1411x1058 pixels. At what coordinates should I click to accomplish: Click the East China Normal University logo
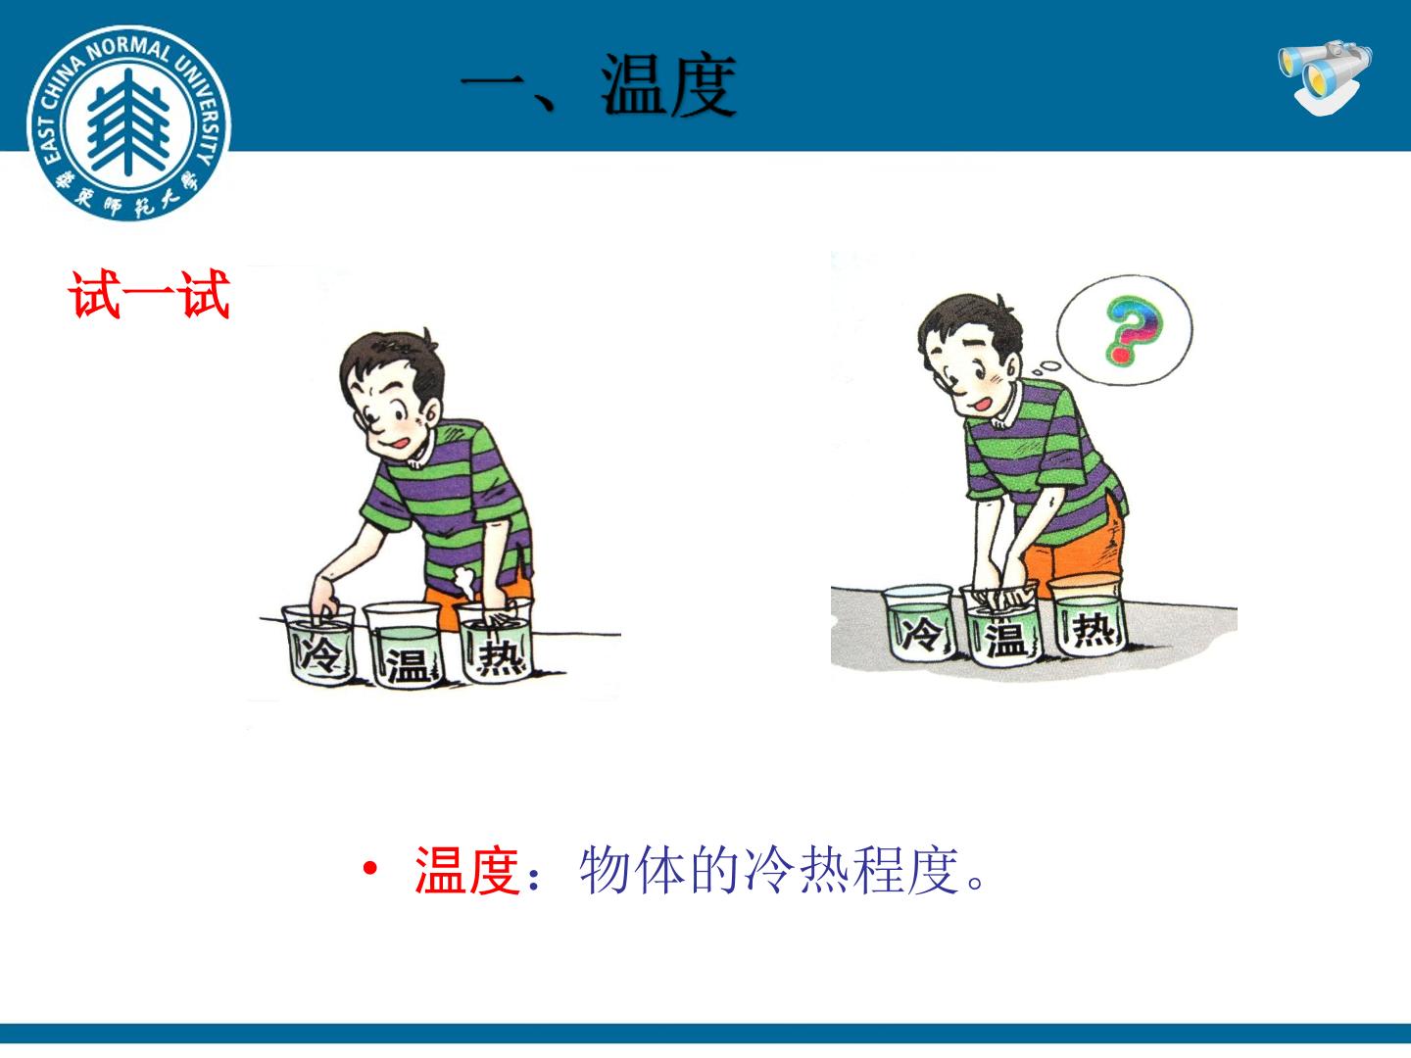click(128, 122)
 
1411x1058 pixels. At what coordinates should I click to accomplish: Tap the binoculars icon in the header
click(1324, 78)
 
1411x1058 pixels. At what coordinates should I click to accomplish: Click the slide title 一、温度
click(599, 85)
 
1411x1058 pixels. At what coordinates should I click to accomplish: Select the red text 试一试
click(149, 294)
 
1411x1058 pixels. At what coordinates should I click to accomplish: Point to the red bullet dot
click(369, 869)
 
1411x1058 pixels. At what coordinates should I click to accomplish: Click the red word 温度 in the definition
click(467, 870)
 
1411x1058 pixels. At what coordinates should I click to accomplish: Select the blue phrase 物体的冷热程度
click(769, 871)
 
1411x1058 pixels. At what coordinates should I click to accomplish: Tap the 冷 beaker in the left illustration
click(318, 645)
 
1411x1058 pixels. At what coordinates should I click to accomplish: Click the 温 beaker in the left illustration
click(403, 645)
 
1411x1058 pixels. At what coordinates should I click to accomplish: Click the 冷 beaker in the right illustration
click(918, 622)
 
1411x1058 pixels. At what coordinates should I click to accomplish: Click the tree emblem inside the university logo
click(128, 122)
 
